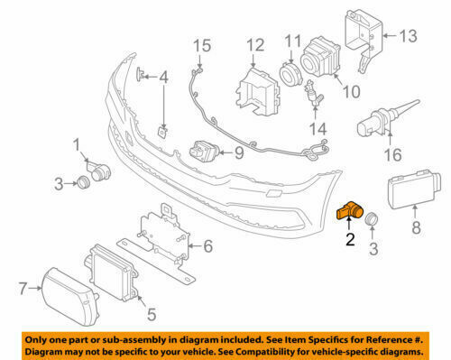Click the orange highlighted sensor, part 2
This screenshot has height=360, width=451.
pos(349,210)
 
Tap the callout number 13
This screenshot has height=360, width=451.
pos(408,36)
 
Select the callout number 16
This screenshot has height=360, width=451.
pos(393,155)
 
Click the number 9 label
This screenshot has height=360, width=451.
pos(239,152)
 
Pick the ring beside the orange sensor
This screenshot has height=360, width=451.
pos(372,218)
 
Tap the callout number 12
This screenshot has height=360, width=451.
pos(255,45)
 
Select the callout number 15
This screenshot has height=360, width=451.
pos(202,46)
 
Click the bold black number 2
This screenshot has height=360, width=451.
pos(350,239)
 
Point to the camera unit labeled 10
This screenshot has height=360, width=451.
pos(320,57)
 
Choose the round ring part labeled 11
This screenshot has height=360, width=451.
pos(290,74)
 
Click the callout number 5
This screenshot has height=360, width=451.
pos(152,314)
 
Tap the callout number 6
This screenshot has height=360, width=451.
pos(208,246)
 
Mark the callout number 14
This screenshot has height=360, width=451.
pos(318,129)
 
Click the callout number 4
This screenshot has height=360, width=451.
pos(163,77)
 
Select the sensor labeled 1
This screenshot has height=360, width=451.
pos(98,171)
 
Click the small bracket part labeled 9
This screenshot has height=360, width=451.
pos(204,151)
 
